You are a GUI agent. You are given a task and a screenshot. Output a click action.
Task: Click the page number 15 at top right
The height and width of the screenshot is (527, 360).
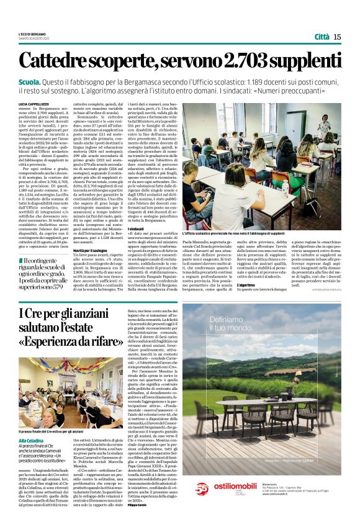[x=337, y=37]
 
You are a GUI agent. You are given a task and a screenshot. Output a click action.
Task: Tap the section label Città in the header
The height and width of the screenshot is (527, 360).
[x=322, y=37]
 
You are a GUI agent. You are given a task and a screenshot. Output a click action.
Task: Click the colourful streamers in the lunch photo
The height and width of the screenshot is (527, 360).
[x=81, y=372]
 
